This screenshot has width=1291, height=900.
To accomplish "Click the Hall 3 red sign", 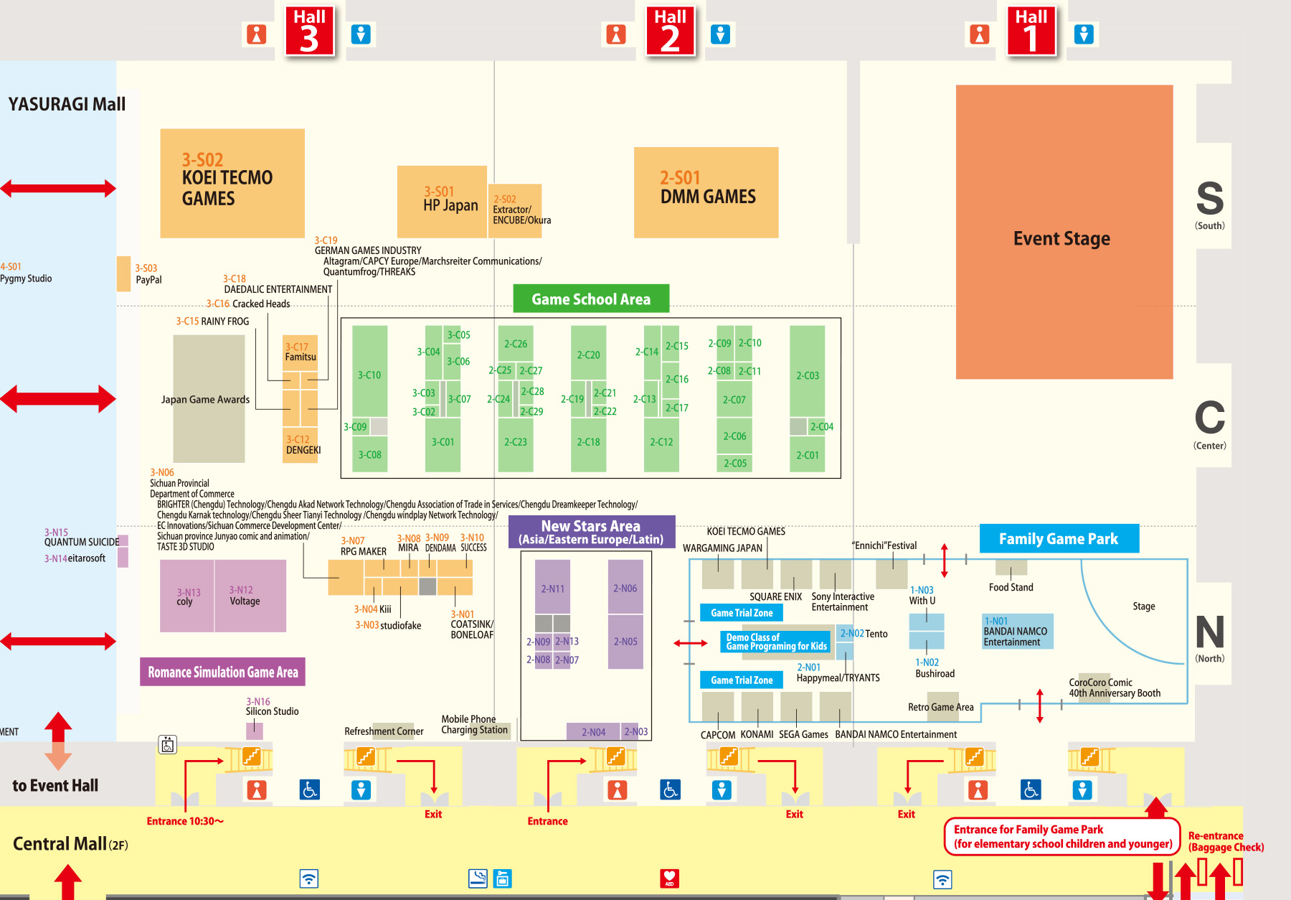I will tap(309, 31).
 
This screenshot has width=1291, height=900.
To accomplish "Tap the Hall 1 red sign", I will tap(1031, 31).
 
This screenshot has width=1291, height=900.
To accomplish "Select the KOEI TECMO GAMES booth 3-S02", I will tap(232, 183).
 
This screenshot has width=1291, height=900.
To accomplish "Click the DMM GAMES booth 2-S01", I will tap(706, 192).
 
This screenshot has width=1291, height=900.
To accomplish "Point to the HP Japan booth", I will tap(442, 202).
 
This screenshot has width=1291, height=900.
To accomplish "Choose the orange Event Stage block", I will tap(1064, 232).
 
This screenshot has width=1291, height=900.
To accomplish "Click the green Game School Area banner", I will tap(591, 299).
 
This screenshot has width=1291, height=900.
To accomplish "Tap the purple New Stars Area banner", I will tap(591, 532).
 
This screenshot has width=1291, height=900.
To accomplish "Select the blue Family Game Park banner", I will tap(1059, 538).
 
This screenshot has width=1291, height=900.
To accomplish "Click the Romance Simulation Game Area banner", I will tap(222, 672).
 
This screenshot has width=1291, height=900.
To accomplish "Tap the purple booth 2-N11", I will tap(552, 587).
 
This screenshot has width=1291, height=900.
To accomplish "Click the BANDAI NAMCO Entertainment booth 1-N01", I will tap(1017, 632).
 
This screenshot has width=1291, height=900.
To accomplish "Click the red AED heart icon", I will tap(669, 878).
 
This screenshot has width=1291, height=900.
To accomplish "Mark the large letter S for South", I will tap(1209, 199).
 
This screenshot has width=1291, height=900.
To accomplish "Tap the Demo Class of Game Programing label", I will tap(776, 642).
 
